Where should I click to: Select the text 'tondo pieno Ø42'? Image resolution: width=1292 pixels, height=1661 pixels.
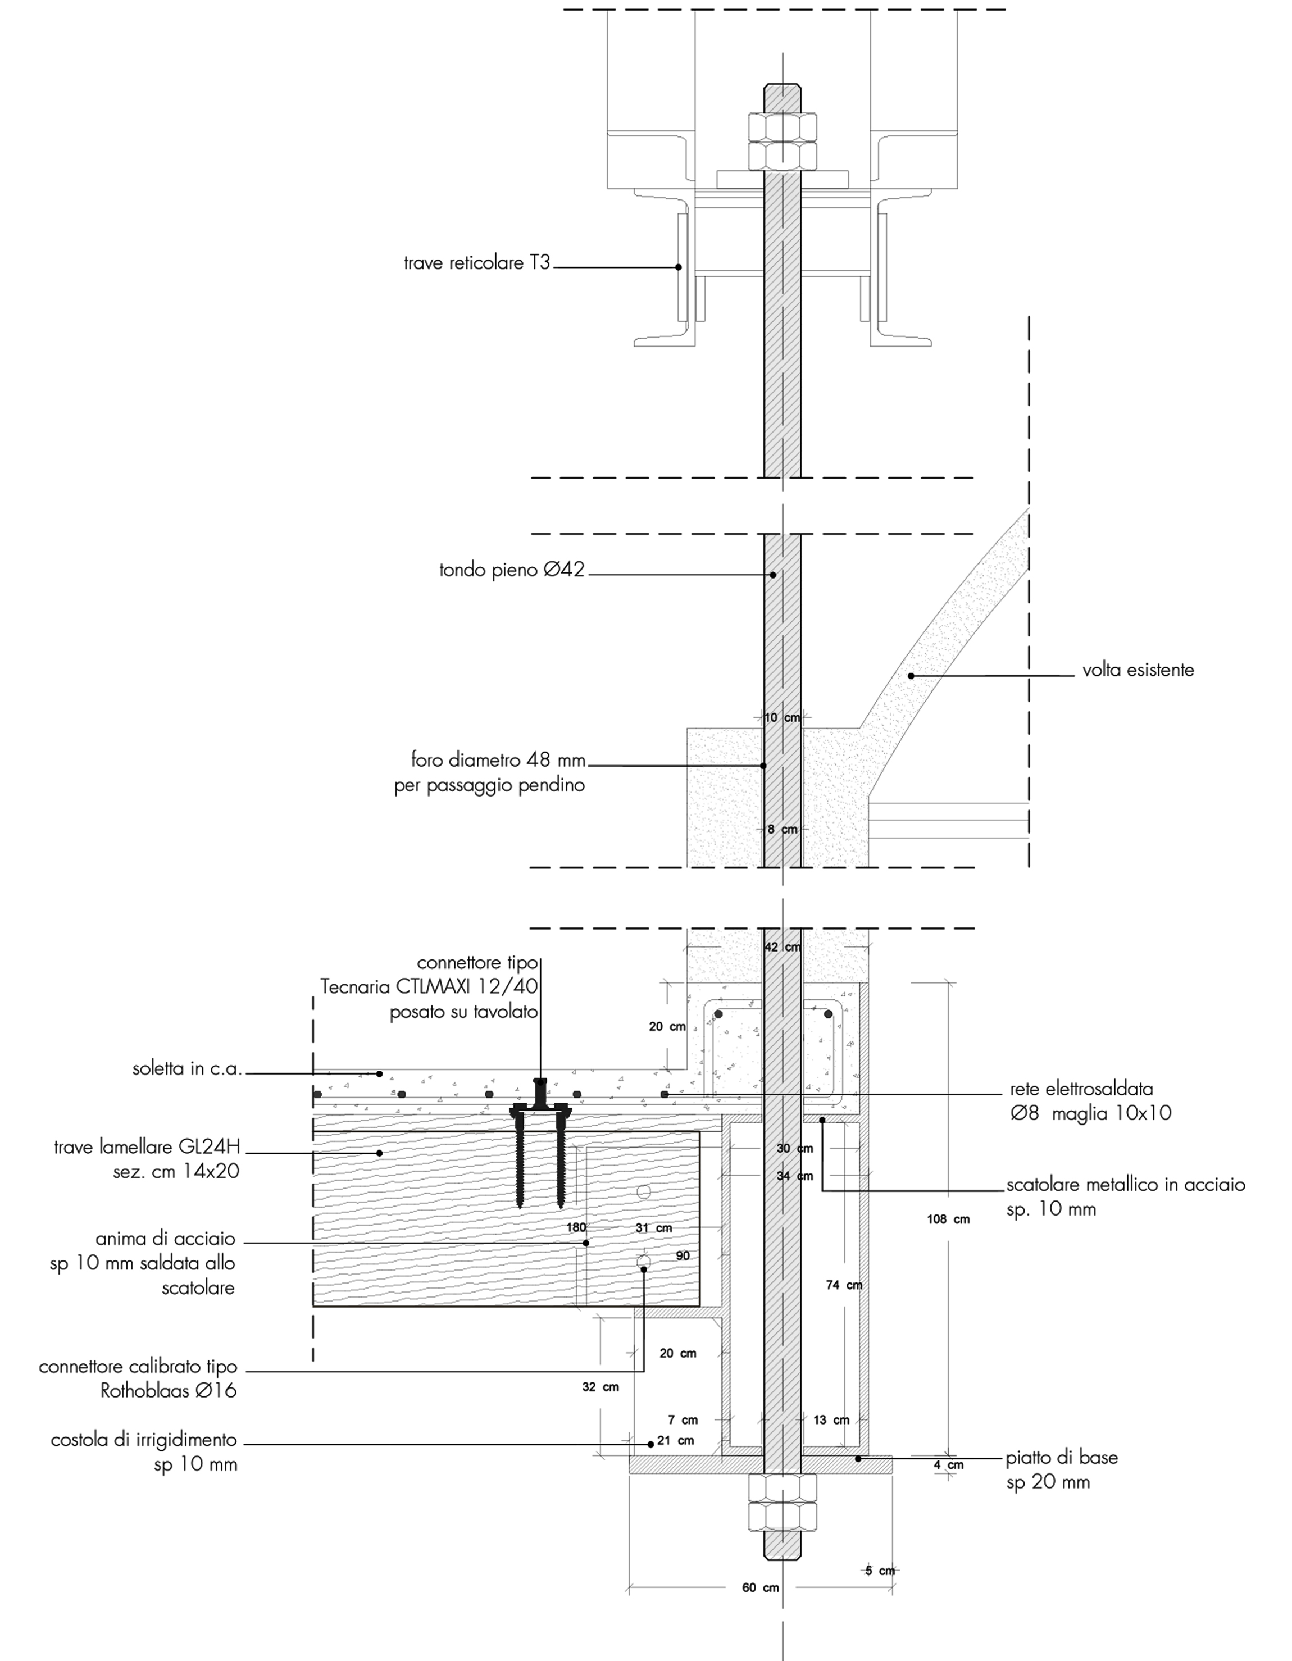click(512, 570)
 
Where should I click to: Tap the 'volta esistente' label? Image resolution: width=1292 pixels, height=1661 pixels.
click(1138, 670)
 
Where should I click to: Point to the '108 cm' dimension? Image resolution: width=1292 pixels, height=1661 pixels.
click(948, 1219)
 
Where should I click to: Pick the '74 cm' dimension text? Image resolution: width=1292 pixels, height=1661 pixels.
click(843, 1285)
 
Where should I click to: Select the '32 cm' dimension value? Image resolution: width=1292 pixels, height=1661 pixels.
click(600, 1386)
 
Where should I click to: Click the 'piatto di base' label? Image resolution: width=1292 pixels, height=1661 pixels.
click(1062, 1457)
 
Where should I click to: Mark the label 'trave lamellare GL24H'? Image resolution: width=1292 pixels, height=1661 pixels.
click(147, 1147)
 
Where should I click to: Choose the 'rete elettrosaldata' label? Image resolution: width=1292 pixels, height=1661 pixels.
click(1081, 1089)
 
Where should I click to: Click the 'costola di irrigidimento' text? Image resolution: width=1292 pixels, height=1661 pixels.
click(144, 1440)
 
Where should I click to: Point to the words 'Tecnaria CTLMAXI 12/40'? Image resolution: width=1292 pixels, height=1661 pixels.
click(429, 986)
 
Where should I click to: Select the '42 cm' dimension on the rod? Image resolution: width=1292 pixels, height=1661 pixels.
click(782, 947)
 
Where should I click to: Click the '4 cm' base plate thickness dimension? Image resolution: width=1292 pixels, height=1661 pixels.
click(948, 1465)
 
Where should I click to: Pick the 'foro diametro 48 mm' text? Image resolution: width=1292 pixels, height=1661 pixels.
click(498, 760)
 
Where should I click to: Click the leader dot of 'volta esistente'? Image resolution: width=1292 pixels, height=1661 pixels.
click(910, 675)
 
